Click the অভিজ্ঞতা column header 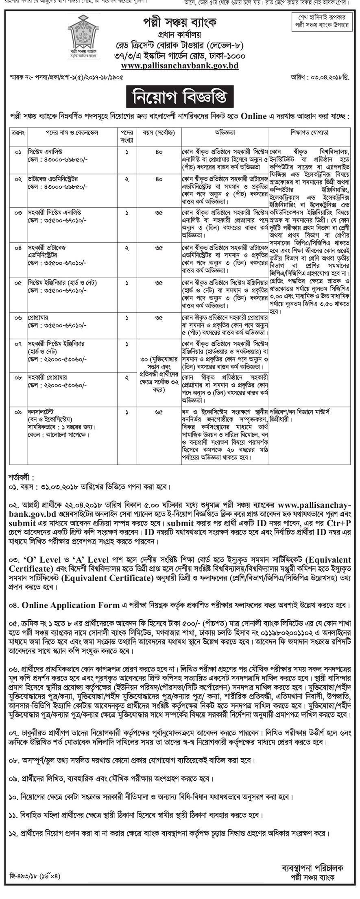(225, 133)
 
